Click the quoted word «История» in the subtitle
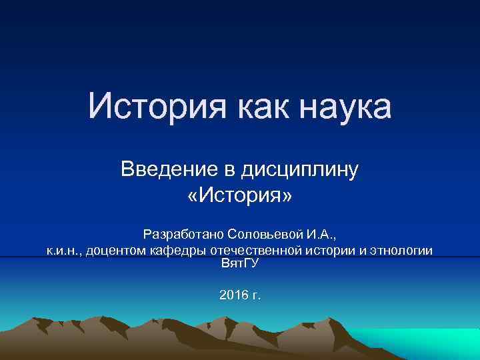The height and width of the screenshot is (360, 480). click(x=240, y=197)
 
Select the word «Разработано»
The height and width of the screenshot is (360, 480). click(x=183, y=235)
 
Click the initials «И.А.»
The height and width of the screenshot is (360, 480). click(x=321, y=235)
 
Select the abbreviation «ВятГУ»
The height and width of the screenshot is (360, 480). click(x=239, y=264)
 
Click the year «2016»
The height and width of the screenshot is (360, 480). click(x=233, y=293)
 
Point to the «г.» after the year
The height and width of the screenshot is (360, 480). click(x=257, y=294)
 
